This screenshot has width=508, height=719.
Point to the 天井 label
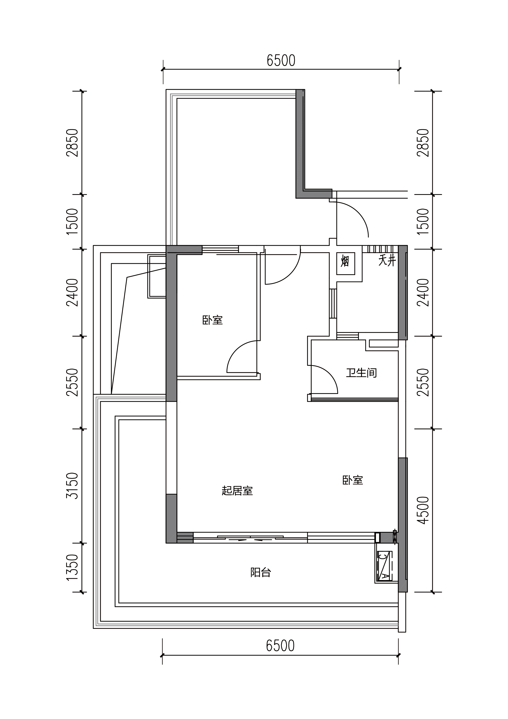(x=387, y=261)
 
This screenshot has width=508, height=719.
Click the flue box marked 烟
(x=346, y=264)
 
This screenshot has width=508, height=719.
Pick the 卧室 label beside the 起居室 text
(x=353, y=480)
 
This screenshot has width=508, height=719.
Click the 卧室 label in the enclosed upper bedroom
(x=213, y=320)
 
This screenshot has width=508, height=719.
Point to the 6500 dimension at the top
(x=281, y=61)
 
